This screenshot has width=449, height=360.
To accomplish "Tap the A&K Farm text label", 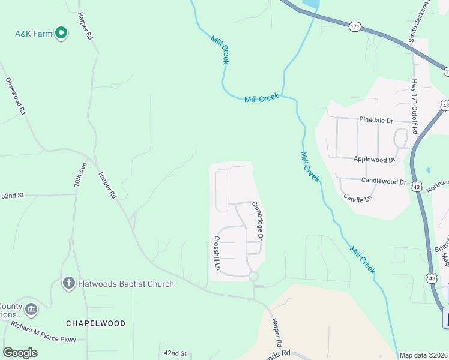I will click(34, 34).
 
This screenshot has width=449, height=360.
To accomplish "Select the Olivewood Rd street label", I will click(16, 96).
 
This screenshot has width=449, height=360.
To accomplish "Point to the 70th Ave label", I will click(80, 176).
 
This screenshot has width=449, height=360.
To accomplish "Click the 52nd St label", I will click(12, 196).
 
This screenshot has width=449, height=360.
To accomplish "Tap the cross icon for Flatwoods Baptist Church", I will click(69, 283).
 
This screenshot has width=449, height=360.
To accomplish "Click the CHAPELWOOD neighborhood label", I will click(95, 323).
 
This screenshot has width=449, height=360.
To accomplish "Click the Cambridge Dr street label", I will click(258, 220).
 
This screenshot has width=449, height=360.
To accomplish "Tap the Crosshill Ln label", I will click(217, 253).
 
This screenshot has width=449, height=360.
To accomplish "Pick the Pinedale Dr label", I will click(376, 120).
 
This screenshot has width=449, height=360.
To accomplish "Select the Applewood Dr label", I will click(374, 160).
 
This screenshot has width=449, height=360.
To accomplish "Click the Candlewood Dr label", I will click(384, 181).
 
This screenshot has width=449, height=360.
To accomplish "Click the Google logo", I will click(20, 352).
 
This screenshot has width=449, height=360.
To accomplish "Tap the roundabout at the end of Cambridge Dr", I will click(253, 277).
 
